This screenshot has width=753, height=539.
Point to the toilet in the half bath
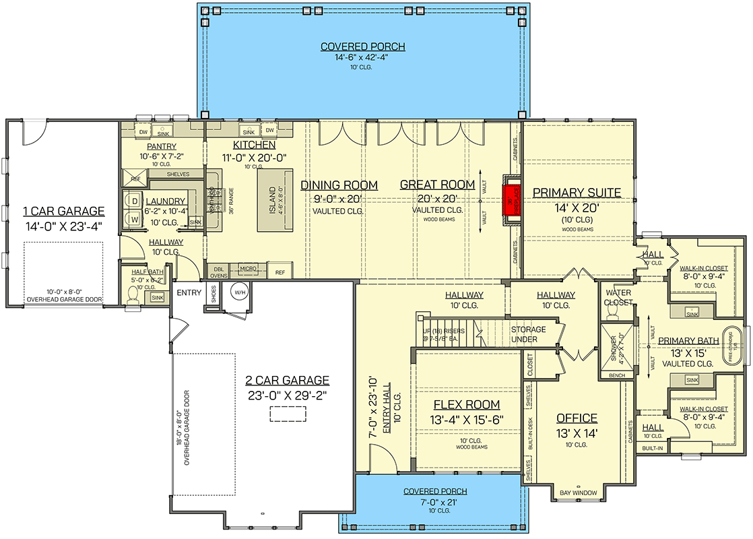pyautogui.click(x=133, y=295)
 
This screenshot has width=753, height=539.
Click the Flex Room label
pyautogui.click(x=466, y=404)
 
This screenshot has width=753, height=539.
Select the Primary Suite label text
pyautogui.click(x=577, y=193)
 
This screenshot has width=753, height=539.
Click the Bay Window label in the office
pyautogui.click(x=578, y=493)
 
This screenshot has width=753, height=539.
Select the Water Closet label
pyautogui.click(x=618, y=298)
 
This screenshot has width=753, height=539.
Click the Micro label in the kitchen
pyautogui.click(x=248, y=269)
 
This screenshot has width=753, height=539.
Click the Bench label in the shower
pyautogui.click(x=616, y=375)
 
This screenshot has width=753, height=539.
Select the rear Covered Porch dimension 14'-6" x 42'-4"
pyautogui.click(x=362, y=58)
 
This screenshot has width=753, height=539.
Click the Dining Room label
pyautogui.click(x=339, y=185)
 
